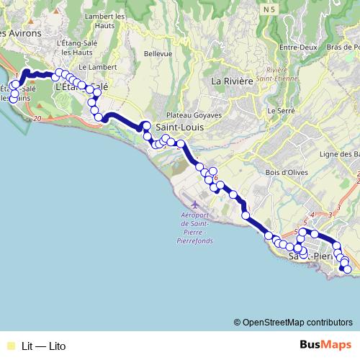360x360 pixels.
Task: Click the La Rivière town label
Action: tap(232, 81)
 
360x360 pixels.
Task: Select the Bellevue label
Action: tap(158, 53)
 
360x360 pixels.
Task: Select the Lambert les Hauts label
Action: tap(104, 20)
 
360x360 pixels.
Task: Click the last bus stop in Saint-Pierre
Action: tap(347, 269)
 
